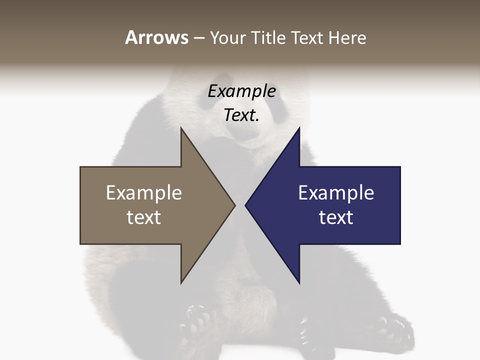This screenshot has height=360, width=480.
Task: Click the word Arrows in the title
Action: pyautogui.click(x=156, y=37)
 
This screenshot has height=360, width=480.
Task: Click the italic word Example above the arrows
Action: pyautogui.click(x=242, y=91)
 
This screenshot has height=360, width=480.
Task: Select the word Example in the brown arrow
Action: pyautogui.click(x=144, y=193)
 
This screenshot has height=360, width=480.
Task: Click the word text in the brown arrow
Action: pyautogui.click(x=144, y=217)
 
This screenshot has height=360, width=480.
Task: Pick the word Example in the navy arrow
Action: pyautogui.click(x=336, y=193)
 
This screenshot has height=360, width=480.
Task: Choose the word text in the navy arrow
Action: pyautogui.click(x=336, y=217)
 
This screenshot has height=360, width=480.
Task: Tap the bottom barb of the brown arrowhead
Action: pyautogui.click(x=182, y=280)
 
